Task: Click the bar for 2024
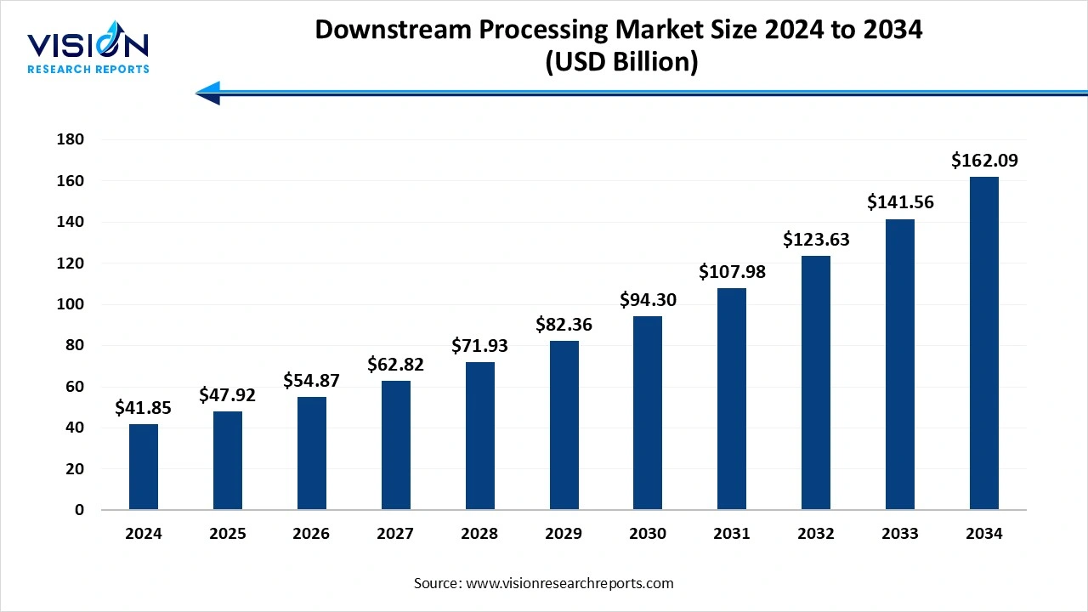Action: point(144,467)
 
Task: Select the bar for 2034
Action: point(984,343)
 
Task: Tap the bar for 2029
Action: point(564,425)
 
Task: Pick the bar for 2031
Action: point(732,399)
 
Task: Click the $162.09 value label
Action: point(984,160)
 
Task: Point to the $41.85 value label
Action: point(144,408)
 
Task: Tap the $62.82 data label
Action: point(395,365)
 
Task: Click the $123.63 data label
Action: point(816,240)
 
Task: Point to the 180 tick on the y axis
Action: point(71,139)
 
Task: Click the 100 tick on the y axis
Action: point(71,304)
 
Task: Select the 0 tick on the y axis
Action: point(79,510)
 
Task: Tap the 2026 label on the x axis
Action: point(311,534)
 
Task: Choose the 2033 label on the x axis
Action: point(900,534)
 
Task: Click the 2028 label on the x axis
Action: point(479,534)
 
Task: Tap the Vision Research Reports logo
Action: point(88,52)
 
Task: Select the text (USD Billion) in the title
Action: point(619,62)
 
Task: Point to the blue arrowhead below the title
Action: point(209,93)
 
